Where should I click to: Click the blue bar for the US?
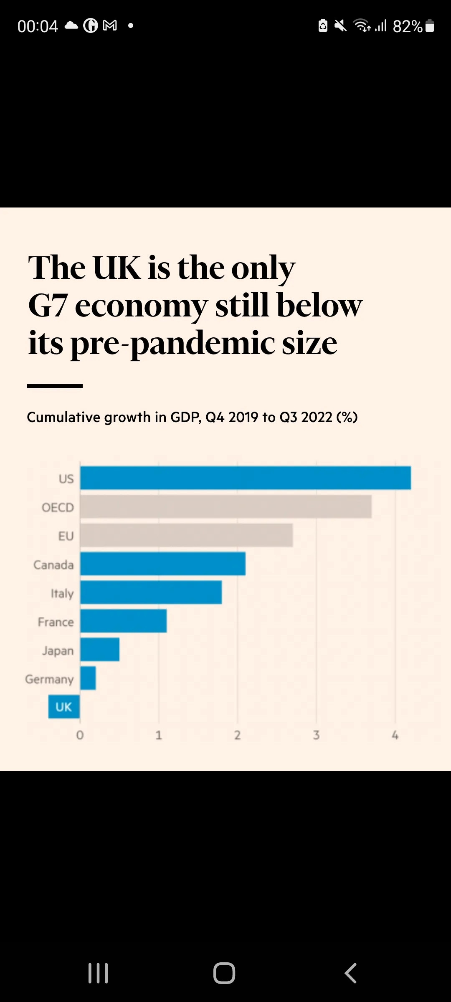[x=246, y=478]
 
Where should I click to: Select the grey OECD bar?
[x=226, y=507]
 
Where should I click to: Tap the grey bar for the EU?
[x=187, y=536]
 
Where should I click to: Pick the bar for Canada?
[x=163, y=564]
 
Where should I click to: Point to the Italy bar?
[x=151, y=592]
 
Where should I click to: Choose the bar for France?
[x=124, y=621]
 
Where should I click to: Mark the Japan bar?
[x=100, y=650]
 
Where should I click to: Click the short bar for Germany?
[x=88, y=678]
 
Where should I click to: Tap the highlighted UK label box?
[x=64, y=707]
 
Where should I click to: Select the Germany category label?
[x=49, y=679]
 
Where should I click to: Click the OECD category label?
[x=58, y=508]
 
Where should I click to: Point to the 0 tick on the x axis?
[x=80, y=735]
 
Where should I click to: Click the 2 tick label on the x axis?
[x=238, y=735]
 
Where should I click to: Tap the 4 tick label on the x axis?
[x=395, y=735]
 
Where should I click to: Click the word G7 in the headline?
[x=48, y=306]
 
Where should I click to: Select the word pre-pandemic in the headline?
[x=172, y=344]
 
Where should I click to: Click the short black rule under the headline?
[x=55, y=386]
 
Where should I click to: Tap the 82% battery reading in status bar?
[x=407, y=26]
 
